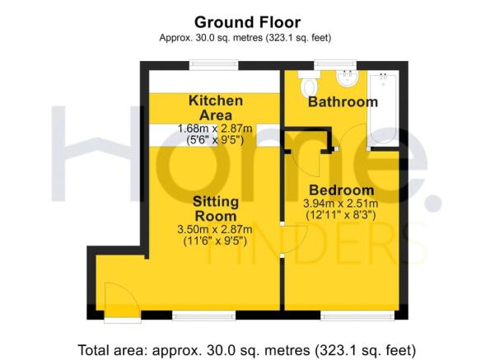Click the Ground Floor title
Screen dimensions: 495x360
tap(247, 22)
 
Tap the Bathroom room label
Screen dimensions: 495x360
tap(343, 102)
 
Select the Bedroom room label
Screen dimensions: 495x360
tap(342, 190)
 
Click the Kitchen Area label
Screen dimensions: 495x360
tap(216, 108)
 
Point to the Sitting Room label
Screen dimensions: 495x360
tap(216, 208)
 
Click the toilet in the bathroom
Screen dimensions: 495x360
tap(309, 84)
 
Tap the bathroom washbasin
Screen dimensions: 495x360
tap(347, 78)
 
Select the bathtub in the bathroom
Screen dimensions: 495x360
tap(383, 109)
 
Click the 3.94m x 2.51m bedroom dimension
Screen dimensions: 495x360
tap(341, 203)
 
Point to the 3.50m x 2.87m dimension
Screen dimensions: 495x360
tap(215, 229)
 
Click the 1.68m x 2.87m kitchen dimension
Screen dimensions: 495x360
tap(215, 129)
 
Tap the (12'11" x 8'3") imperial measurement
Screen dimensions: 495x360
tap(341, 215)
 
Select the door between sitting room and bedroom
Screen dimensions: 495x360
tap(294, 239)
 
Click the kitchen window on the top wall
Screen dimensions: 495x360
tap(213, 65)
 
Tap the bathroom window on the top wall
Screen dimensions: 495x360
tap(335, 65)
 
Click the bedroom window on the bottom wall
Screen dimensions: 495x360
tap(357, 315)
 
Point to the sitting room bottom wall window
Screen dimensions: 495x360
tap(204, 315)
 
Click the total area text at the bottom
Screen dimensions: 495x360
tap(247, 350)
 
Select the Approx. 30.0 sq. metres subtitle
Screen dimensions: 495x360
tap(245, 38)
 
